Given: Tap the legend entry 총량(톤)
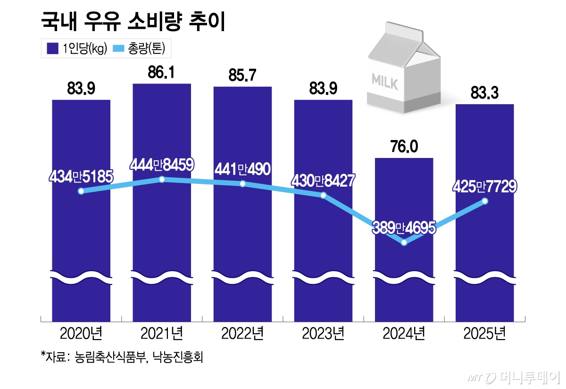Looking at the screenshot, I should coord(141,49).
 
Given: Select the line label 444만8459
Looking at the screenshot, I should coord(162,165).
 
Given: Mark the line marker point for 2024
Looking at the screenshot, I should coord(404,243).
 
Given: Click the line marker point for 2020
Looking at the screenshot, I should coord(81,191).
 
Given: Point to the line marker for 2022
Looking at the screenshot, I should coord(242,183).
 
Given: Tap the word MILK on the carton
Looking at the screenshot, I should coord(385,81).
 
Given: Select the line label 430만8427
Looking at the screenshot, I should coord(323,181).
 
